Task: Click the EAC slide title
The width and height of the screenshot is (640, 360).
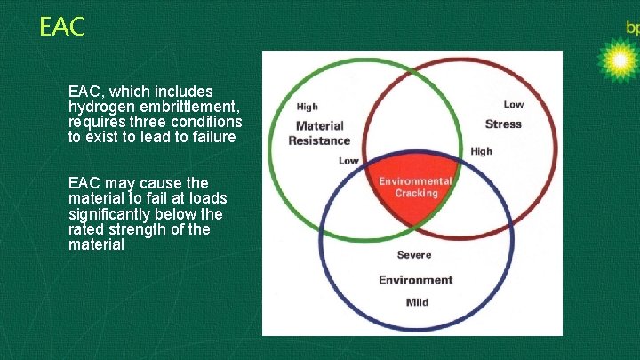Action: tap(62, 28)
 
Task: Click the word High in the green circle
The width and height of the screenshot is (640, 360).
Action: tap(307, 108)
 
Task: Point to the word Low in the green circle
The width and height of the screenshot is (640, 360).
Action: tap(349, 161)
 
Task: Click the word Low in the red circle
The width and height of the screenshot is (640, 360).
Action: tap(513, 105)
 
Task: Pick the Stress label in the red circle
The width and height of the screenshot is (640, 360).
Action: tap(503, 124)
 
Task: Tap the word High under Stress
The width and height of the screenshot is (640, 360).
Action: tap(481, 151)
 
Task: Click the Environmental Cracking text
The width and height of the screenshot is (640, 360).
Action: tap(416, 187)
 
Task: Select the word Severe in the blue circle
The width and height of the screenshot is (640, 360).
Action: tap(414, 255)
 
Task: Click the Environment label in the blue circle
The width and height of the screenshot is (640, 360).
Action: tap(415, 280)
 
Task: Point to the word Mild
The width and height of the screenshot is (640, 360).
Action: tap(416, 302)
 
